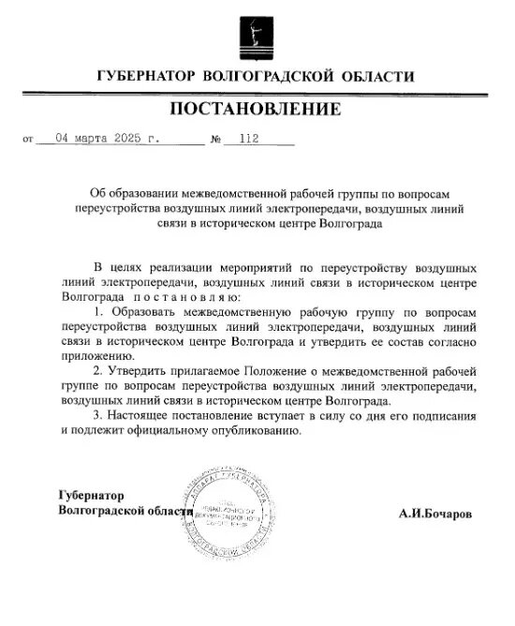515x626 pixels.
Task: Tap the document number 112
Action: coord(249,142)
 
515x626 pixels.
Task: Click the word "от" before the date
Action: coord(26,142)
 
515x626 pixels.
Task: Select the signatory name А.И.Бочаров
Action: coord(435,514)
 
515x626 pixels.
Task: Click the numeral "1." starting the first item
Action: coord(101,308)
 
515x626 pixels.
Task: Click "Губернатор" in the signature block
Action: coord(91,495)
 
